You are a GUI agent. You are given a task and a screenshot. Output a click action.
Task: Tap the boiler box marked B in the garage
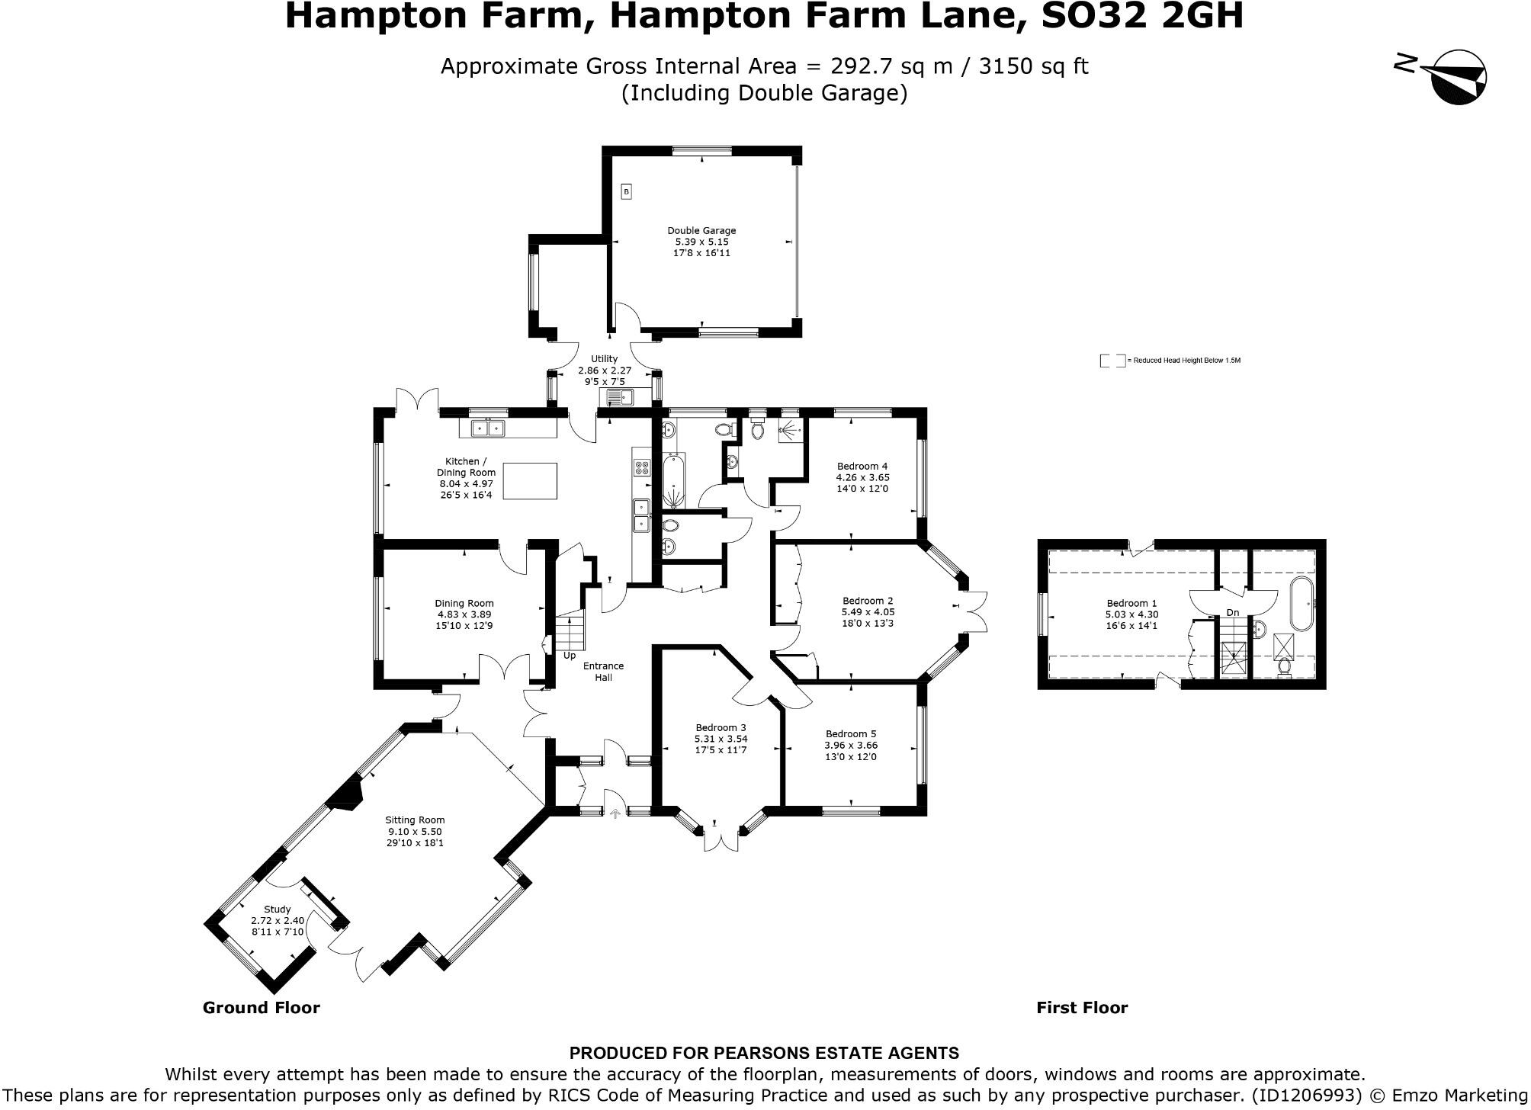coord(626,192)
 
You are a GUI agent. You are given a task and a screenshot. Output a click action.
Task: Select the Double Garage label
coord(701,230)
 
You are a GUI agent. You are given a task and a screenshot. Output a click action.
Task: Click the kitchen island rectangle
coord(530,481)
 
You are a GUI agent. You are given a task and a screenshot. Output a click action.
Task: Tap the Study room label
coord(277,909)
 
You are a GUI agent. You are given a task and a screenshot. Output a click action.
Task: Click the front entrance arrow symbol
coord(615,814)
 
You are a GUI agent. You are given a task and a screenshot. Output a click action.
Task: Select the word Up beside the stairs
coord(570,656)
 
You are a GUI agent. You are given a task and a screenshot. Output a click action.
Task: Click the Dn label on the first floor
coord(1233,613)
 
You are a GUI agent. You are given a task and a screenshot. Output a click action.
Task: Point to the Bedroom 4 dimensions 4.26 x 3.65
coord(862,477)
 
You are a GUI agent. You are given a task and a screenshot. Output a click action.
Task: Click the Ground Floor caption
coord(261,1008)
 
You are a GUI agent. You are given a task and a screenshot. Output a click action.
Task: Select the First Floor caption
coord(1081,1008)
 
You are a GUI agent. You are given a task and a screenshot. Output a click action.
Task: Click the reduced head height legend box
coord(1112,361)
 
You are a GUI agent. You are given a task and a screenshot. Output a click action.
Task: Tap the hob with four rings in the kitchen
coord(641,467)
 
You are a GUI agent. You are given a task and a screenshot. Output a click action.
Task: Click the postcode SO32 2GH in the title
coord(1141,15)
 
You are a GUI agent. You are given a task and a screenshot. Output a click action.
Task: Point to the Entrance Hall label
coord(603,672)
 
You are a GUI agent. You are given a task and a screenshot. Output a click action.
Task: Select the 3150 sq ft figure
coord(1033,66)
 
